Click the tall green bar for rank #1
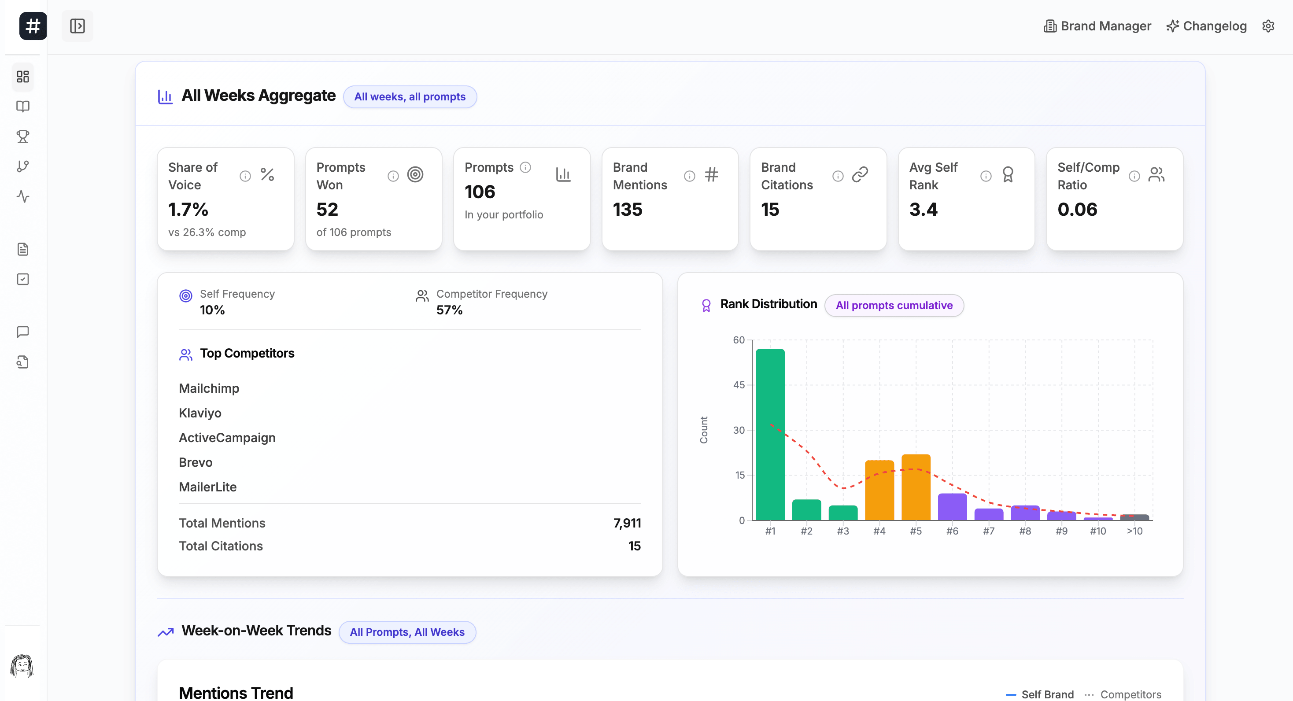[x=770, y=434]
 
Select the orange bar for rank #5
[x=916, y=487]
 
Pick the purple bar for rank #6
[x=952, y=506]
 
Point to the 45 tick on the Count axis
[x=739, y=385]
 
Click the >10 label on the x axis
[x=1134, y=531]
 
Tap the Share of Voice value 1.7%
[x=188, y=209]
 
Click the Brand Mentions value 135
[x=628, y=209]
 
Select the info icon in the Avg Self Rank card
[x=986, y=176]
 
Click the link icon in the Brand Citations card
[x=860, y=175]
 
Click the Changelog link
[x=1207, y=26]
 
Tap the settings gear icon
[x=1268, y=26]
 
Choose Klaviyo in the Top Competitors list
[x=200, y=413]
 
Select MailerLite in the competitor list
[x=207, y=487]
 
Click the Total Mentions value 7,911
[x=627, y=523]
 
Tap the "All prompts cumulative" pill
[x=894, y=305]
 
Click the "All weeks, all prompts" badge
[x=410, y=97]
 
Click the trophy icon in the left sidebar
[x=23, y=137]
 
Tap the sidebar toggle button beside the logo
[x=78, y=26]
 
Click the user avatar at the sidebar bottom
[x=22, y=665]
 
